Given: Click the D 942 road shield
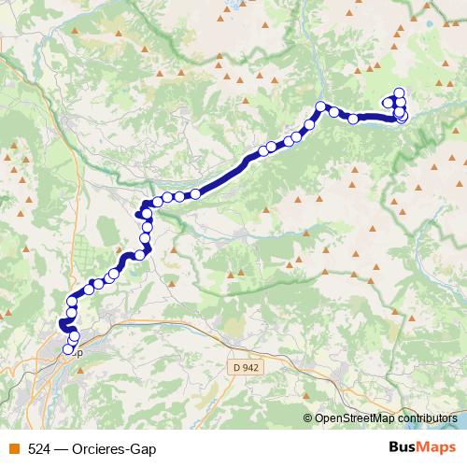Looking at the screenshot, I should point(246,368).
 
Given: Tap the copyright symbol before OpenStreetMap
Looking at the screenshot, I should point(308,418).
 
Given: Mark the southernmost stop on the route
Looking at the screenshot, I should point(68,350).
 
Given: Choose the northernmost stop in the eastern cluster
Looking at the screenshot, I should point(400,92).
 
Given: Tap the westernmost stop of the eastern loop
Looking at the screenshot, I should point(388,102).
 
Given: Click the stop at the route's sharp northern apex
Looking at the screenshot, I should point(320,106).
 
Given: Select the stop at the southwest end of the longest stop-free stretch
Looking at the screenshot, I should point(196,194).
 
